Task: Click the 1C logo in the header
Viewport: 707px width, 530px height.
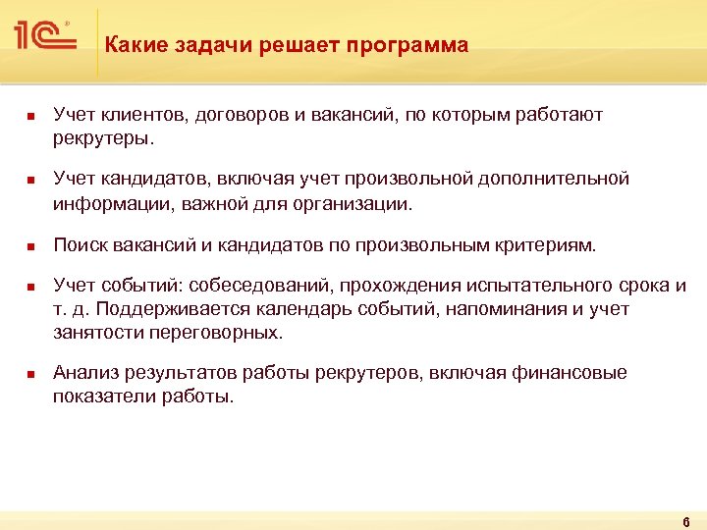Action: (x=45, y=36)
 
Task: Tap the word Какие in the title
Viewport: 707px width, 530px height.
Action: (x=131, y=46)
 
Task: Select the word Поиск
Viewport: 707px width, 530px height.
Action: (x=80, y=244)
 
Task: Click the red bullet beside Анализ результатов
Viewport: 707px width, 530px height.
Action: (x=30, y=374)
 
